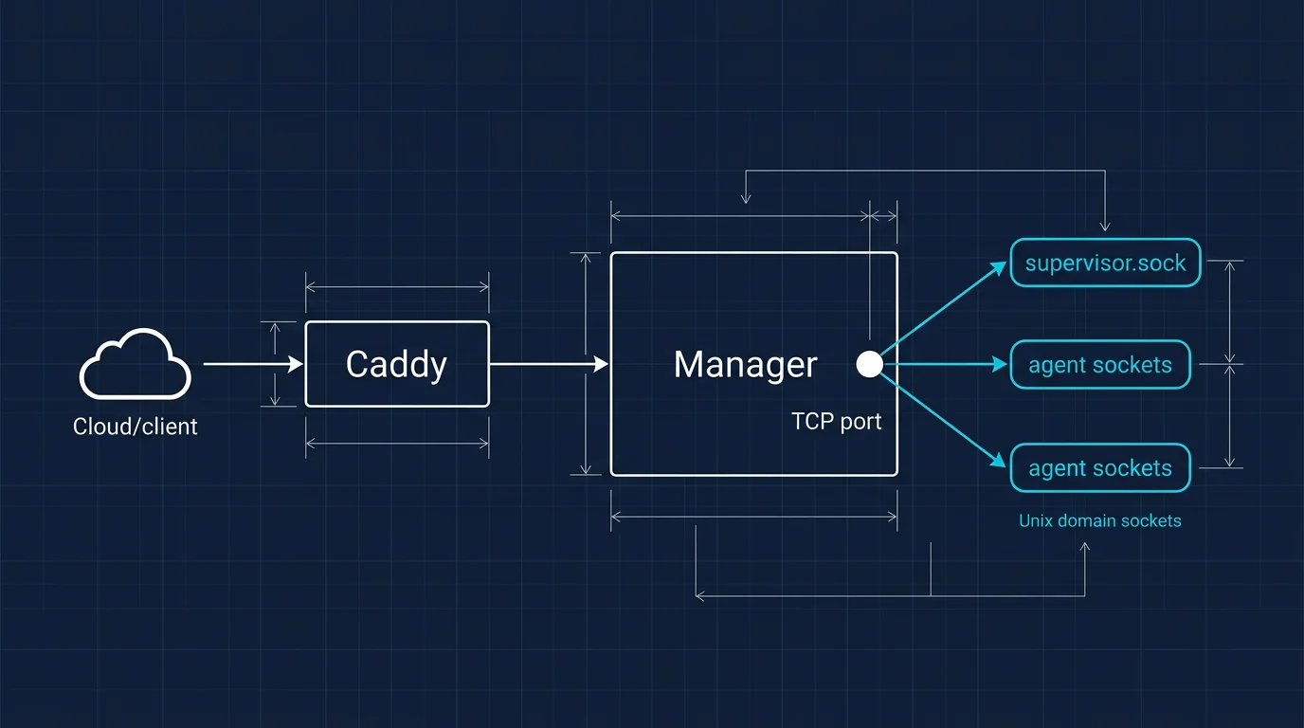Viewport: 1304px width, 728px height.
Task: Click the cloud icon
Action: coord(136,365)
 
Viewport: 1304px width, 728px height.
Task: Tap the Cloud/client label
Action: coord(136,427)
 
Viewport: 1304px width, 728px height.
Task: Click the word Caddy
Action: coord(396,364)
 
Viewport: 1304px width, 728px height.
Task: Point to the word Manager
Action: coord(745,365)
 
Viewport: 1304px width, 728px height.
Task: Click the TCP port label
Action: coord(836,422)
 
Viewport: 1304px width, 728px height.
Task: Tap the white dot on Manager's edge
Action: coord(869,364)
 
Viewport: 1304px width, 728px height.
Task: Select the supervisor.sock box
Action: coord(1105,263)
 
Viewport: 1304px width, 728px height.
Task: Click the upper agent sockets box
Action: coord(1099,365)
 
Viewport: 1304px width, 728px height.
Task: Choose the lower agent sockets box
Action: coord(1099,468)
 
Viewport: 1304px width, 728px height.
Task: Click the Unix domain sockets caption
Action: coord(1099,520)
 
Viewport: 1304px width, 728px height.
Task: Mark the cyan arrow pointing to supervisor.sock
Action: coord(948,309)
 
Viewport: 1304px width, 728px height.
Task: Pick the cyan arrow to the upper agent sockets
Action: coord(948,364)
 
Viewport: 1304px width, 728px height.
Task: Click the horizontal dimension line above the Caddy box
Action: coord(397,286)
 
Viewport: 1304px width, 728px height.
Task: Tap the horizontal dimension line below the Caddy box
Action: coord(397,443)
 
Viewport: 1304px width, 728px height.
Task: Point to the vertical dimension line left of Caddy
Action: coord(276,364)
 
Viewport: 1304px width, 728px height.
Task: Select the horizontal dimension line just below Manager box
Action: coord(753,517)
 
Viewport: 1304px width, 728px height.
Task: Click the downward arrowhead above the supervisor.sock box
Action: coord(1105,226)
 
